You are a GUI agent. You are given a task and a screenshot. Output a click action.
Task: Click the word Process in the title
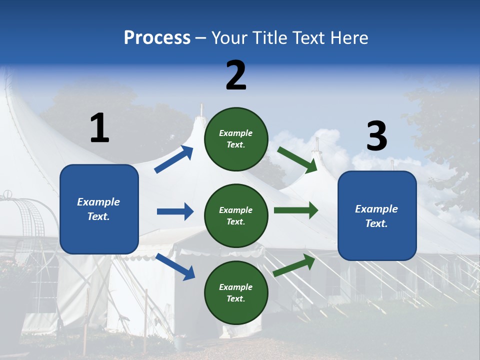pos(157,38)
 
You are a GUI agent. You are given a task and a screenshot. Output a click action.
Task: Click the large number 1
pos(99,128)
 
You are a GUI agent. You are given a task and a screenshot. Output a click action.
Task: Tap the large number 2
pos(236,75)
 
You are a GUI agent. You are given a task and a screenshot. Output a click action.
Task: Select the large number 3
pos(376,136)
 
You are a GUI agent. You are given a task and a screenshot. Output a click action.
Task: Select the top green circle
pos(236,139)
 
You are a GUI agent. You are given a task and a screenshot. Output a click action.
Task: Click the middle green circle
pos(236,215)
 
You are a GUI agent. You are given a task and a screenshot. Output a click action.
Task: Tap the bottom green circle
pos(236,292)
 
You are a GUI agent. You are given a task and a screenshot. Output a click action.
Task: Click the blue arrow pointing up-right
pos(174,159)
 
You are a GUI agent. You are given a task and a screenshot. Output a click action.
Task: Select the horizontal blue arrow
pos(175,211)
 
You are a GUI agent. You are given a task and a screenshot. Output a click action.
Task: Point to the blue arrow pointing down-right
pos(175,266)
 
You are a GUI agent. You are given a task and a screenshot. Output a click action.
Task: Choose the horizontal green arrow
pos(295,210)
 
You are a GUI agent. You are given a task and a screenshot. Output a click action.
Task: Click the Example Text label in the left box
pos(98,209)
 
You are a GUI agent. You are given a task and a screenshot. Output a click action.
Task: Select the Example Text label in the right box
pos(376,216)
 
